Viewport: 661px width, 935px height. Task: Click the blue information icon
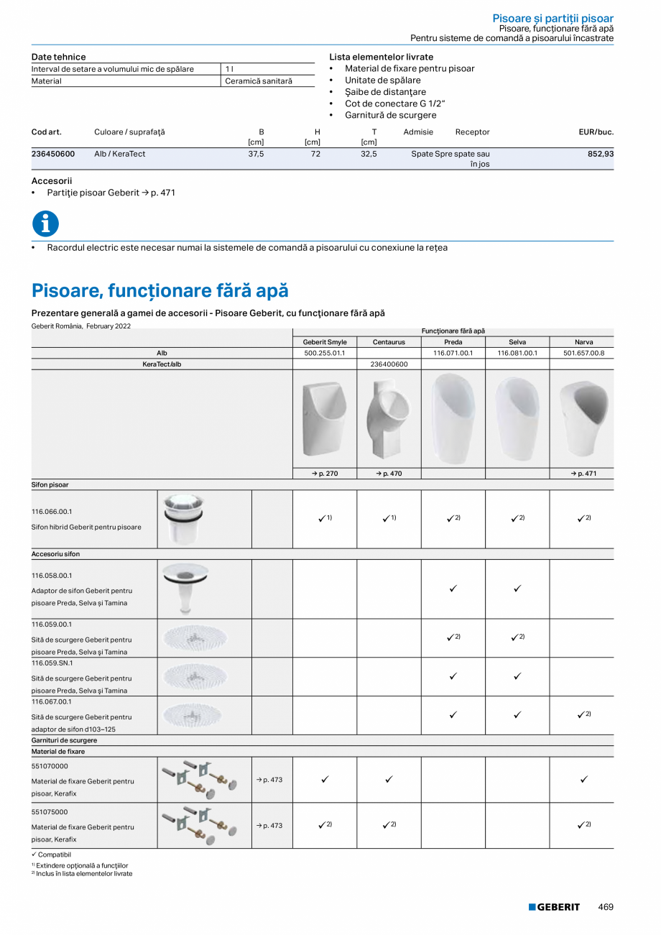(45, 224)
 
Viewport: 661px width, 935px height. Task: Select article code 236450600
(53, 154)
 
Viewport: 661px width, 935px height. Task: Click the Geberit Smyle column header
(325, 342)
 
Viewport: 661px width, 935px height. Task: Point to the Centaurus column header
(389, 342)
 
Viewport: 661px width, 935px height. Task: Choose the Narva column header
(583, 342)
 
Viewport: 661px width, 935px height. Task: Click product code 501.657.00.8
(583, 353)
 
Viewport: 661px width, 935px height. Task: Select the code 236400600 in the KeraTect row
(389, 364)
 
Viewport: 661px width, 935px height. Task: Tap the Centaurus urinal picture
(389, 419)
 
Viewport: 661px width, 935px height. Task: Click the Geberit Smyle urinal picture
(325, 419)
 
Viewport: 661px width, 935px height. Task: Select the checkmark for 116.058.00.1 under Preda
(453, 589)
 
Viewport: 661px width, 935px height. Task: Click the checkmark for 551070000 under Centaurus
(389, 779)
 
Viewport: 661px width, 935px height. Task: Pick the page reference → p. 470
(389, 474)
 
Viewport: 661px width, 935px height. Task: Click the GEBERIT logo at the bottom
(554, 907)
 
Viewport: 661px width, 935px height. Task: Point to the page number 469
(606, 907)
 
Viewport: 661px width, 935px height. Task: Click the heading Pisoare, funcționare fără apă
(160, 290)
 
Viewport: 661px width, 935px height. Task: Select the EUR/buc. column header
(596, 132)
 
